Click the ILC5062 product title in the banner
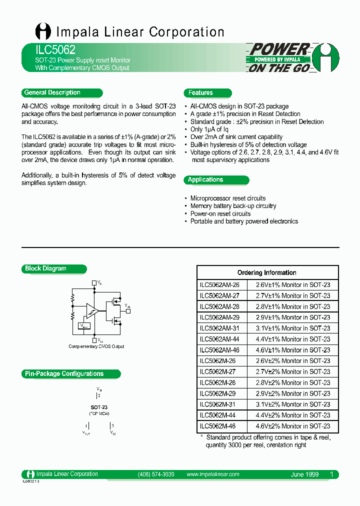[x=48, y=50]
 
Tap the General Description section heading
[x=52, y=92]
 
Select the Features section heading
[x=200, y=92]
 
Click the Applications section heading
[x=205, y=179]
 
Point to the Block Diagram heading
[x=45, y=268]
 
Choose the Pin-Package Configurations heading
[x=64, y=373]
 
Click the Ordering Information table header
[x=266, y=272]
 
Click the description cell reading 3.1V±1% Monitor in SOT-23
[x=293, y=328]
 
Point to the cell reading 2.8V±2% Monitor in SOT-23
[x=293, y=382]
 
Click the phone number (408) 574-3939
[x=155, y=474]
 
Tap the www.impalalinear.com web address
[x=212, y=474]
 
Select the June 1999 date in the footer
[x=304, y=474]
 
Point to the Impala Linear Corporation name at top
[x=140, y=32]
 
